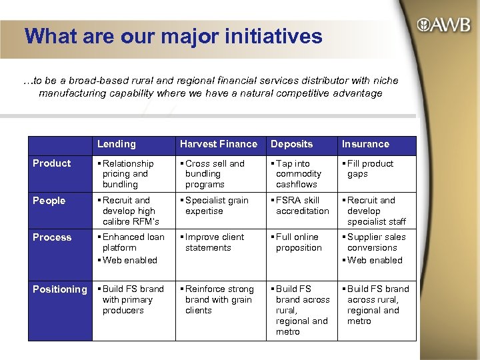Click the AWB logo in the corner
point(443,26)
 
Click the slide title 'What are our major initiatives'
point(173,36)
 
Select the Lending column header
point(116,144)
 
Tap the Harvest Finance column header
point(218,144)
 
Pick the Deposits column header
point(291,144)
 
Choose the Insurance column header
point(365,144)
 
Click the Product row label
point(52,163)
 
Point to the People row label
point(50,201)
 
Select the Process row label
point(52,237)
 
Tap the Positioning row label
point(60,289)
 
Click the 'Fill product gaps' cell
point(371,169)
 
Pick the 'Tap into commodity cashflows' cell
point(297,174)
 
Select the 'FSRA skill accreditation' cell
point(300,206)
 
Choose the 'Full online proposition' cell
point(297,243)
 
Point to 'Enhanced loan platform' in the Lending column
point(131,243)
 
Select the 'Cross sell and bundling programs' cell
point(214,174)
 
